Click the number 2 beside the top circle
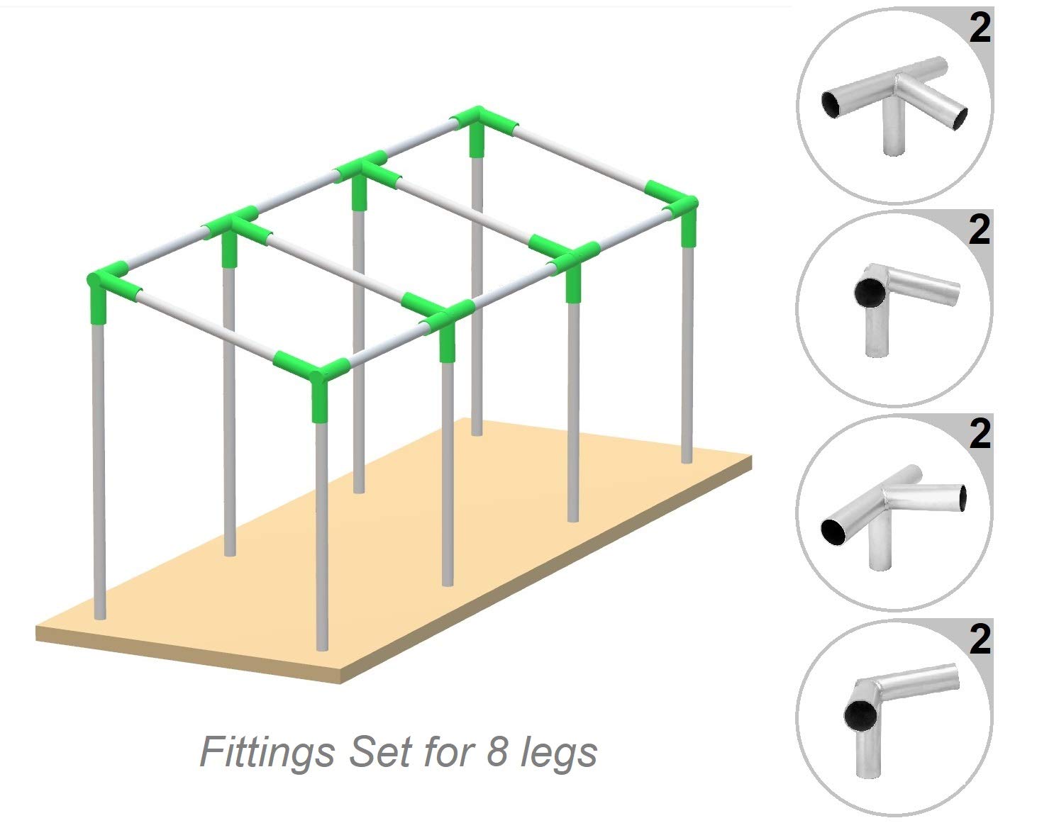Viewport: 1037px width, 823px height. click(980, 29)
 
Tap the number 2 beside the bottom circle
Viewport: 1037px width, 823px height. click(980, 639)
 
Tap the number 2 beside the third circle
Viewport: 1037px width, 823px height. click(980, 434)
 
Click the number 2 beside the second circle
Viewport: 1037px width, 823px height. click(980, 230)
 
